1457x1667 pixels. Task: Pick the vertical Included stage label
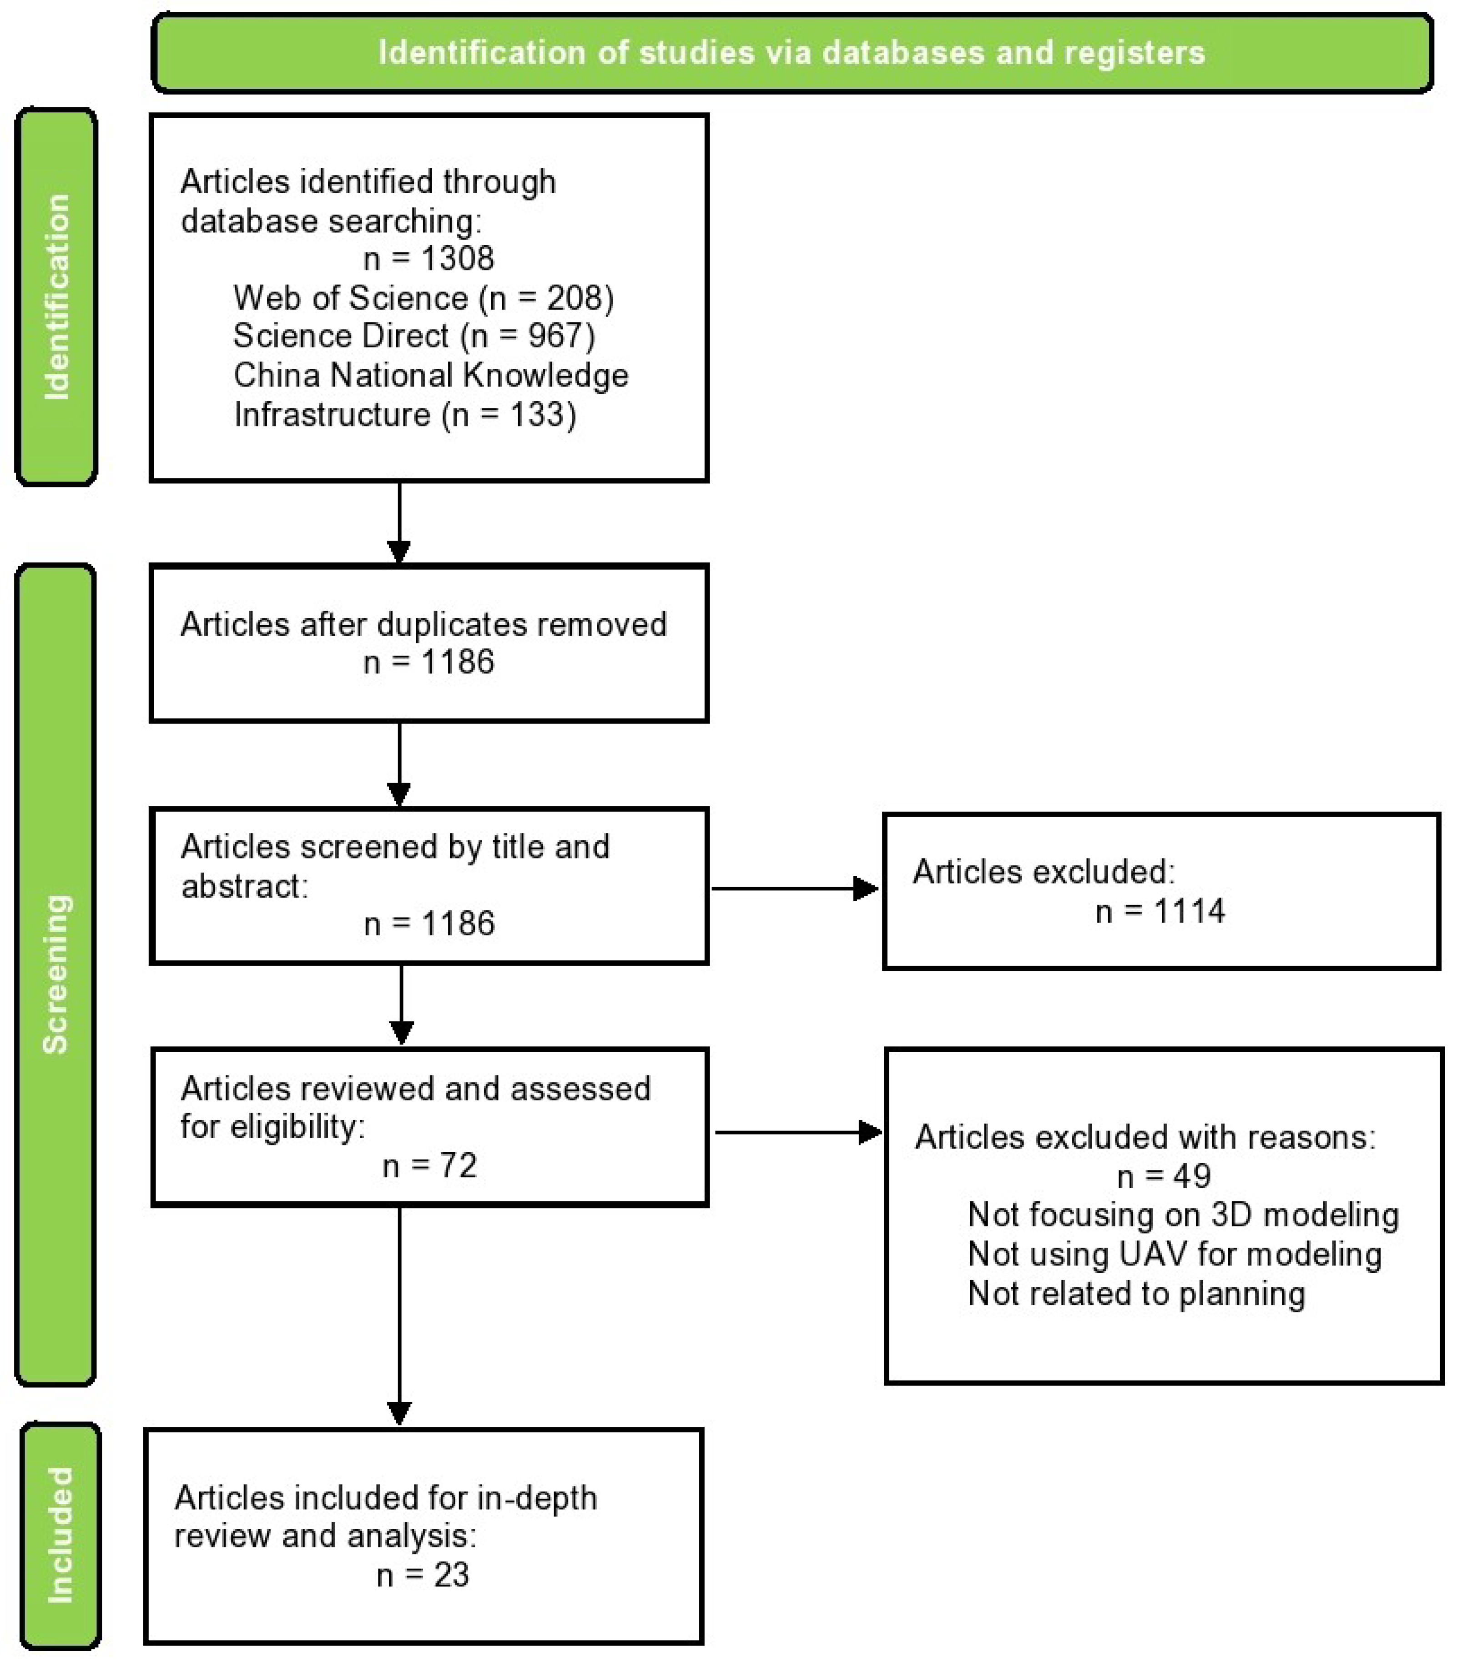click(60, 1535)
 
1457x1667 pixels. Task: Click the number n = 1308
click(429, 258)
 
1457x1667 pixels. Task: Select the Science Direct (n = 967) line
click(414, 336)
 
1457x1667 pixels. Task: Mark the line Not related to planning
click(1136, 1293)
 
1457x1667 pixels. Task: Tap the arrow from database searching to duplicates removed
click(398, 522)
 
